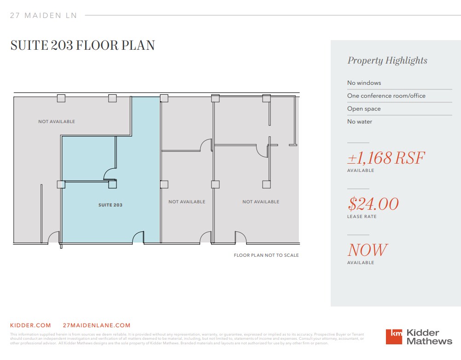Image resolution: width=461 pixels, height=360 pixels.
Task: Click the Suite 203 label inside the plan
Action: pyautogui.click(x=111, y=205)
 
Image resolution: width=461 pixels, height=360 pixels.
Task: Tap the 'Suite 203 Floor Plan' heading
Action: pyautogui.click(x=82, y=46)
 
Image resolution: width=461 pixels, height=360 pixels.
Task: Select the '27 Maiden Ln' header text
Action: pyautogui.click(x=43, y=16)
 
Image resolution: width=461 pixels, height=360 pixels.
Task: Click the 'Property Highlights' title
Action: pyautogui.click(x=387, y=60)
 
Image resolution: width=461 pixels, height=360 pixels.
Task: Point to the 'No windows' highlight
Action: pyautogui.click(x=364, y=83)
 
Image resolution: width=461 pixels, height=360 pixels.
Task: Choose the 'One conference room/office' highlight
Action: pyautogui.click(x=386, y=96)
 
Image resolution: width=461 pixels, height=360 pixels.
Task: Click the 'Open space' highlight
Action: pyautogui.click(x=363, y=109)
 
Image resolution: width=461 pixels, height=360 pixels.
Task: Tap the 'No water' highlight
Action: pyautogui.click(x=359, y=122)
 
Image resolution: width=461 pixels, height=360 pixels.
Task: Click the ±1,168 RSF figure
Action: pyautogui.click(x=385, y=158)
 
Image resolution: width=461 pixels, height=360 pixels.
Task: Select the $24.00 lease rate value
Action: pyautogui.click(x=373, y=204)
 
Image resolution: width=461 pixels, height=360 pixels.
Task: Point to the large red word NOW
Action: pyautogui.click(x=367, y=250)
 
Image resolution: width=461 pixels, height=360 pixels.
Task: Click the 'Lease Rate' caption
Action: pyautogui.click(x=362, y=217)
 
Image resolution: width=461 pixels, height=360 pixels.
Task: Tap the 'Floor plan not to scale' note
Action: pyautogui.click(x=266, y=255)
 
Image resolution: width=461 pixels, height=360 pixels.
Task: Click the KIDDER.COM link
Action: pyautogui.click(x=30, y=325)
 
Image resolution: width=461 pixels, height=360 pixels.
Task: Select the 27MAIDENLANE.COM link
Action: pyautogui.click(x=96, y=325)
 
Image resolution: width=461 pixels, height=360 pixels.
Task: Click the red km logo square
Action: pyautogui.click(x=394, y=336)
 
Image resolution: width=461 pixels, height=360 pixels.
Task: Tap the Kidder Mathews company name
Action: pyautogui.click(x=429, y=337)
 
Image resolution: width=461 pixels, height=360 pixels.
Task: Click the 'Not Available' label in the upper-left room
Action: pyautogui.click(x=56, y=122)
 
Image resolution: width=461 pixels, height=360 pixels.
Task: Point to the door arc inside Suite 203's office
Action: pyautogui.click(x=110, y=174)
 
